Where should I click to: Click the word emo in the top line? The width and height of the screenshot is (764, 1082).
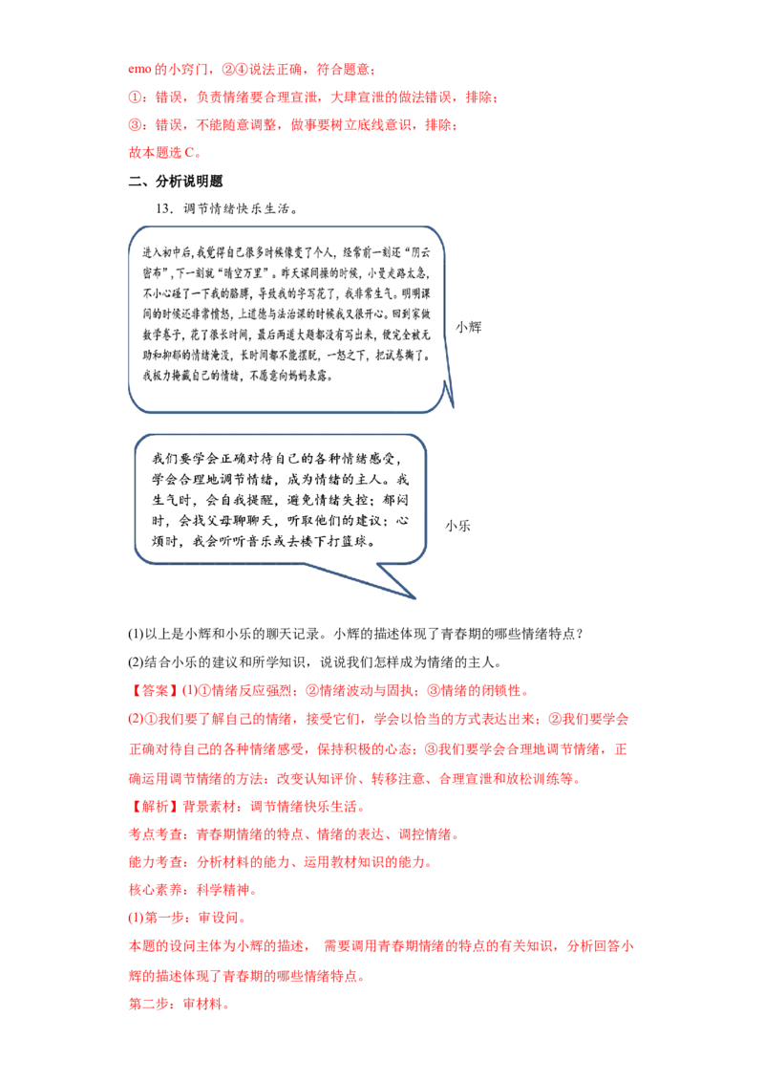[139, 69]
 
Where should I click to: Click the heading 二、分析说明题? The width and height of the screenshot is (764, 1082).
[176, 182]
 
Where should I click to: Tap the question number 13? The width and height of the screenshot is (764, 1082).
[165, 208]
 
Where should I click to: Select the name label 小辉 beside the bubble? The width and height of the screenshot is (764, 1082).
[468, 327]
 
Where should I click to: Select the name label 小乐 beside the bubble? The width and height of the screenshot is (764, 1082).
[457, 526]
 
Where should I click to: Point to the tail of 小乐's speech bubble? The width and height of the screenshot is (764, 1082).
[414, 596]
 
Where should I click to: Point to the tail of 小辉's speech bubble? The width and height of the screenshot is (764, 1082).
[453, 405]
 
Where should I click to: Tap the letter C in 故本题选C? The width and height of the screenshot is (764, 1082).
[190, 153]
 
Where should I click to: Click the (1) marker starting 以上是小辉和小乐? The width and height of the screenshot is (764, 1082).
[136, 634]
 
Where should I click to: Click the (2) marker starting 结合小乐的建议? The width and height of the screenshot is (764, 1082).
[136, 662]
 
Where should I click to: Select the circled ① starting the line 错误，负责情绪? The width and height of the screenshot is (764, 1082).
[136, 97]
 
